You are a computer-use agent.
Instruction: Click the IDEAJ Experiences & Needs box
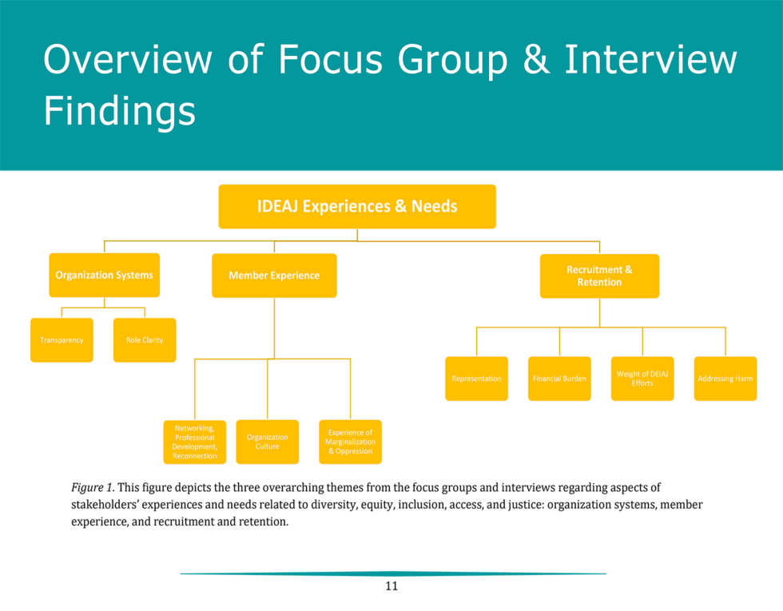[357, 206]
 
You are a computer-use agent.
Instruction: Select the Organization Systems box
[104, 275]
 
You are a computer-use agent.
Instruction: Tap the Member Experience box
[274, 276]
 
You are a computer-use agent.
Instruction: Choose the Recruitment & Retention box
[599, 276]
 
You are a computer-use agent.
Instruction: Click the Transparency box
[62, 340]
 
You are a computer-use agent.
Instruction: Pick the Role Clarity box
[145, 340]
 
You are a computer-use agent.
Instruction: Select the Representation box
[476, 379]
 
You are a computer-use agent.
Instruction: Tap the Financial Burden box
[559, 379]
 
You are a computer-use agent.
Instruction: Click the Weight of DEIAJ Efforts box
[642, 379]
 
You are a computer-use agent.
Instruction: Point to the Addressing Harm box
[725, 379]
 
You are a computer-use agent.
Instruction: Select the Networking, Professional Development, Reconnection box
[195, 442]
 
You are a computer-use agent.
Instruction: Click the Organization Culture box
[268, 442]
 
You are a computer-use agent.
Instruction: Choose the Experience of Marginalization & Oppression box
[350, 442]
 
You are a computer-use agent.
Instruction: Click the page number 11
[391, 586]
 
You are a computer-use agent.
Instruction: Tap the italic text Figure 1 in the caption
[92, 487]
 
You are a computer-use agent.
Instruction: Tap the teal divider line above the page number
[392, 573]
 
